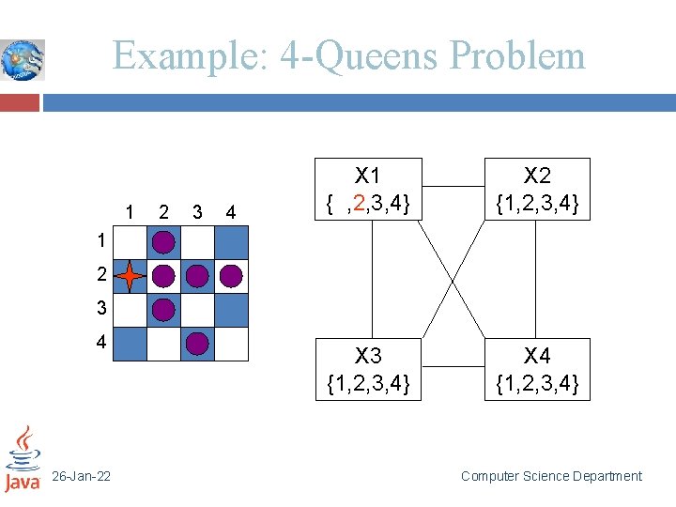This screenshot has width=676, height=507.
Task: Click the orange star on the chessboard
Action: [130, 277]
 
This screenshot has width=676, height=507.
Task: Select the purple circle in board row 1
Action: [163, 242]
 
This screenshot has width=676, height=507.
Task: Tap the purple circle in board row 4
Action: [197, 344]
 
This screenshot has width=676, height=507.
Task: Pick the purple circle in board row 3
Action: [163, 310]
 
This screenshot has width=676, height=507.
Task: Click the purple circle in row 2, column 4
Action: [231, 276]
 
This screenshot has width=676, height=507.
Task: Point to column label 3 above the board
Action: [197, 212]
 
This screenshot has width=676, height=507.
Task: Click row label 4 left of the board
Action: [100, 343]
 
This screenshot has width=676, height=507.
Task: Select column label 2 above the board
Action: [164, 212]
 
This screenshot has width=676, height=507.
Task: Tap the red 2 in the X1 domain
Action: [360, 202]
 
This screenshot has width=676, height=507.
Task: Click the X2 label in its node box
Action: [537, 176]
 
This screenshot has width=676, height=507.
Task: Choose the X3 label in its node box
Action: [368, 356]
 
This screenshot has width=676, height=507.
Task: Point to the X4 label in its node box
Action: [537, 356]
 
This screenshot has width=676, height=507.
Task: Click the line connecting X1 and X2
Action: [453, 185]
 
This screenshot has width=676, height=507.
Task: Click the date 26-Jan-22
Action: [82, 477]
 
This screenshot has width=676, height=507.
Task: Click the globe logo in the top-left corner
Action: [23, 59]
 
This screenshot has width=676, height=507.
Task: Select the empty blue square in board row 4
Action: [130, 344]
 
